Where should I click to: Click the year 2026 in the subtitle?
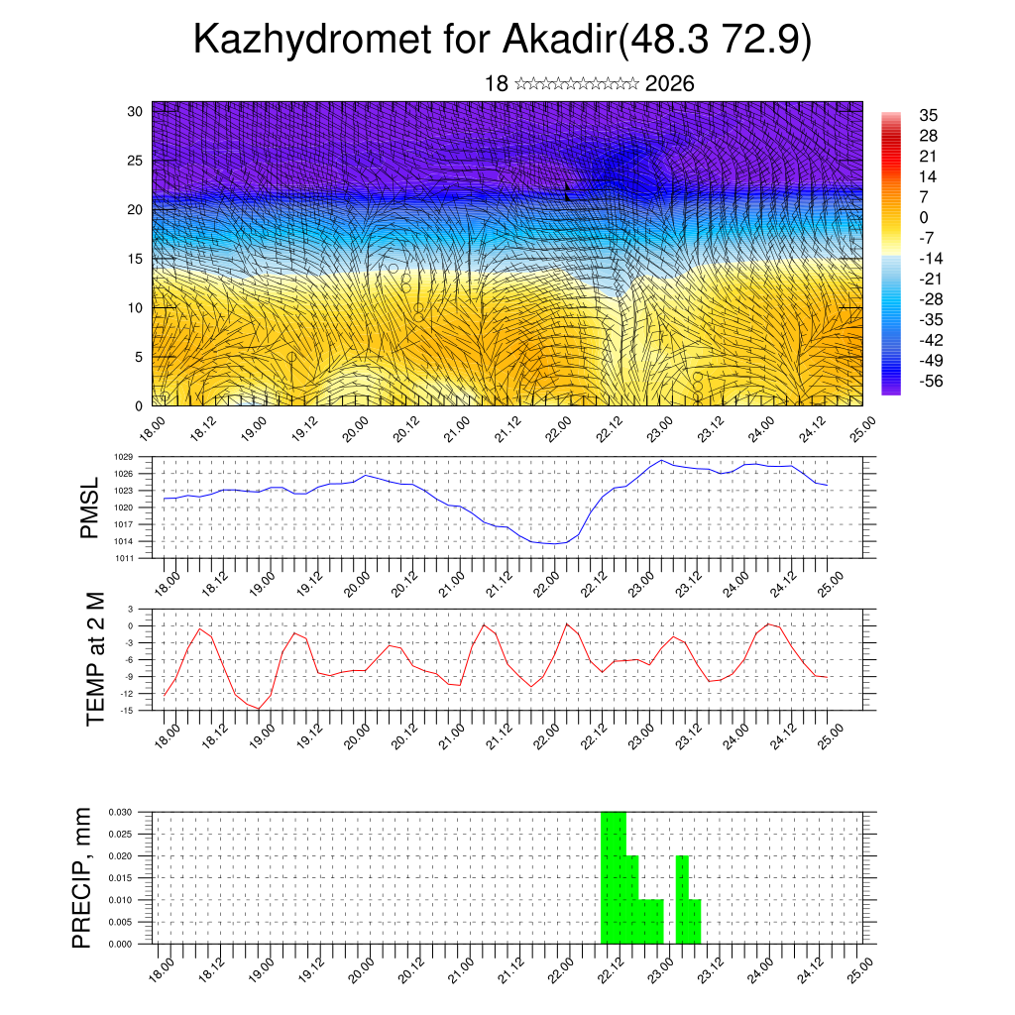click(x=669, y=83)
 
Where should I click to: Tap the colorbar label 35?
click(x=929, y=115)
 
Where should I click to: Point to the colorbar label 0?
click(x=924, y=217)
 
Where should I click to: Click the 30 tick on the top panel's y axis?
click(x=136, y=111)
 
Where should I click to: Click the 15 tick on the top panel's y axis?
click(x=136, y=259)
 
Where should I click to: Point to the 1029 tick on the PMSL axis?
click(x=123, y=457)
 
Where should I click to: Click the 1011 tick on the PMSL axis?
click(x=123, y=558)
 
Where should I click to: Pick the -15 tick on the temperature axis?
click(x=127, y=710)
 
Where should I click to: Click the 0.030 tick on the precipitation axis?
click(x=120, y=811)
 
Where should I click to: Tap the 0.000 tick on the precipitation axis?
click(x=120, y=945)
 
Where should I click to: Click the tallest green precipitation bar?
click(x=614, y=877)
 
